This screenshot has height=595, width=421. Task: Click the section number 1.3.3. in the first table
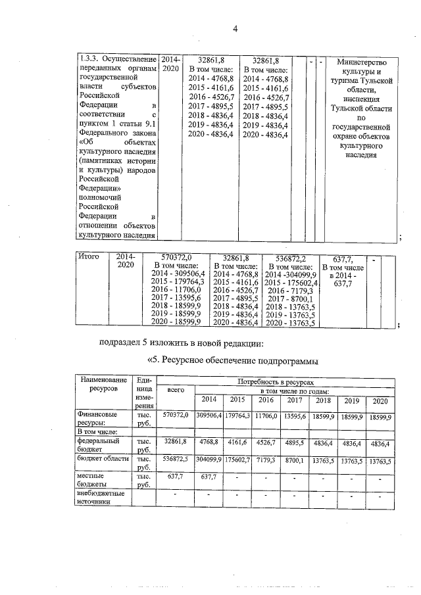point(90,60)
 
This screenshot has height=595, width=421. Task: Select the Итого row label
point(88,257)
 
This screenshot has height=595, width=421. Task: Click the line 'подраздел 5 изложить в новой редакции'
point(181,343)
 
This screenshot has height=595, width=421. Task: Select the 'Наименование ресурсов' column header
point(103,385)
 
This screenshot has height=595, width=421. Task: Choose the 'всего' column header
point(176,390)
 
